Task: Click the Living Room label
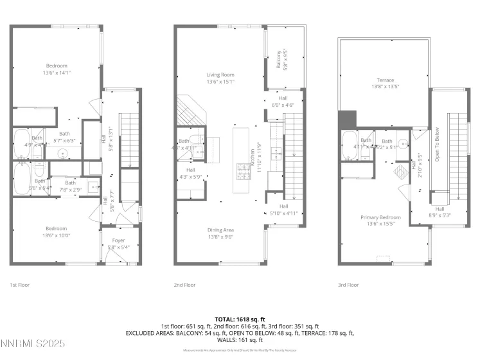tap(220, 75)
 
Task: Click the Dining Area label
tap(220, 230)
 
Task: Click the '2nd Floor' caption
tap(184, 284)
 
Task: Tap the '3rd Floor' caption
tap(348, 284)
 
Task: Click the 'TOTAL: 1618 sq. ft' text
tap(240, 318)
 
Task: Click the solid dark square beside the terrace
tap(347, 119)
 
